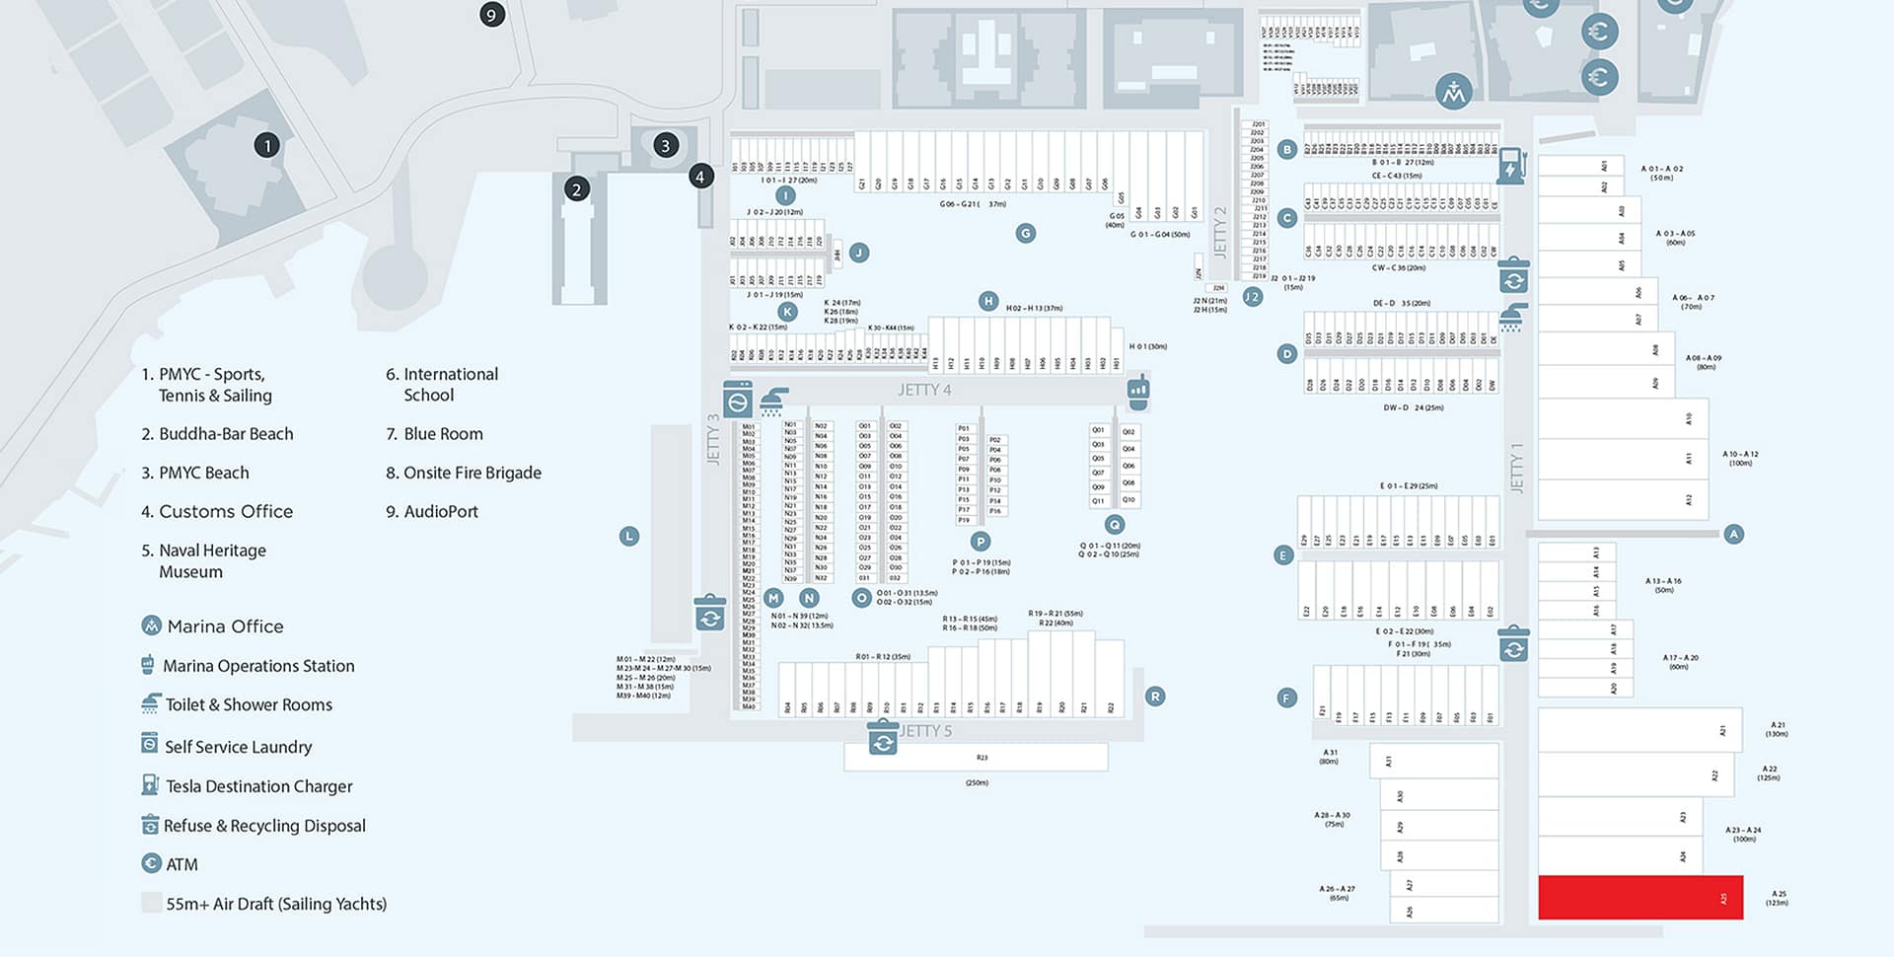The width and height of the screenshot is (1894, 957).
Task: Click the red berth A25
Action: [1639, 897]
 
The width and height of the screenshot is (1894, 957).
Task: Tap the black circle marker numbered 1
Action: [267, 145]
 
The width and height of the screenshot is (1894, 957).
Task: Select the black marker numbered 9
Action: [491, 14]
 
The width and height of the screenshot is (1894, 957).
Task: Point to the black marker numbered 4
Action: [700, 177]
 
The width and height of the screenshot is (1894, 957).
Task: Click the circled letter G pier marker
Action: [1026, 234]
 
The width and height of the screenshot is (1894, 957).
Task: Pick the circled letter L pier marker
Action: [629, 537]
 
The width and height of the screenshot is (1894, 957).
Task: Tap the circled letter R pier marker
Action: [1155, 697]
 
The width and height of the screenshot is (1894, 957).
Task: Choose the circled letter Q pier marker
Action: [1115, 525]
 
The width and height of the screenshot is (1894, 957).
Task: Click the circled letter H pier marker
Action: [988, 301]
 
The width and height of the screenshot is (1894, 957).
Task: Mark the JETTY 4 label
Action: [924, 391]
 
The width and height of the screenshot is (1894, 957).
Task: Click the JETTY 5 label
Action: [926, 731]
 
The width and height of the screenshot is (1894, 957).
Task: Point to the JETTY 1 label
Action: [1517, 468]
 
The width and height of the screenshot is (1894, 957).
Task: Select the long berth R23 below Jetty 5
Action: [976, 757]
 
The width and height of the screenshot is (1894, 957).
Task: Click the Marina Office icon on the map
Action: [1453, 92]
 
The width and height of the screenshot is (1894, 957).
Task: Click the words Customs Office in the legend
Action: [226, 511]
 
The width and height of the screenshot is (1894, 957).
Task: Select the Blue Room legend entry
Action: [443, 434]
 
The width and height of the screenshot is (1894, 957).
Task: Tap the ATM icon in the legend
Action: [151, 864]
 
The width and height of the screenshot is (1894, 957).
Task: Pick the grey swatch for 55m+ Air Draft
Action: [151, 903]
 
